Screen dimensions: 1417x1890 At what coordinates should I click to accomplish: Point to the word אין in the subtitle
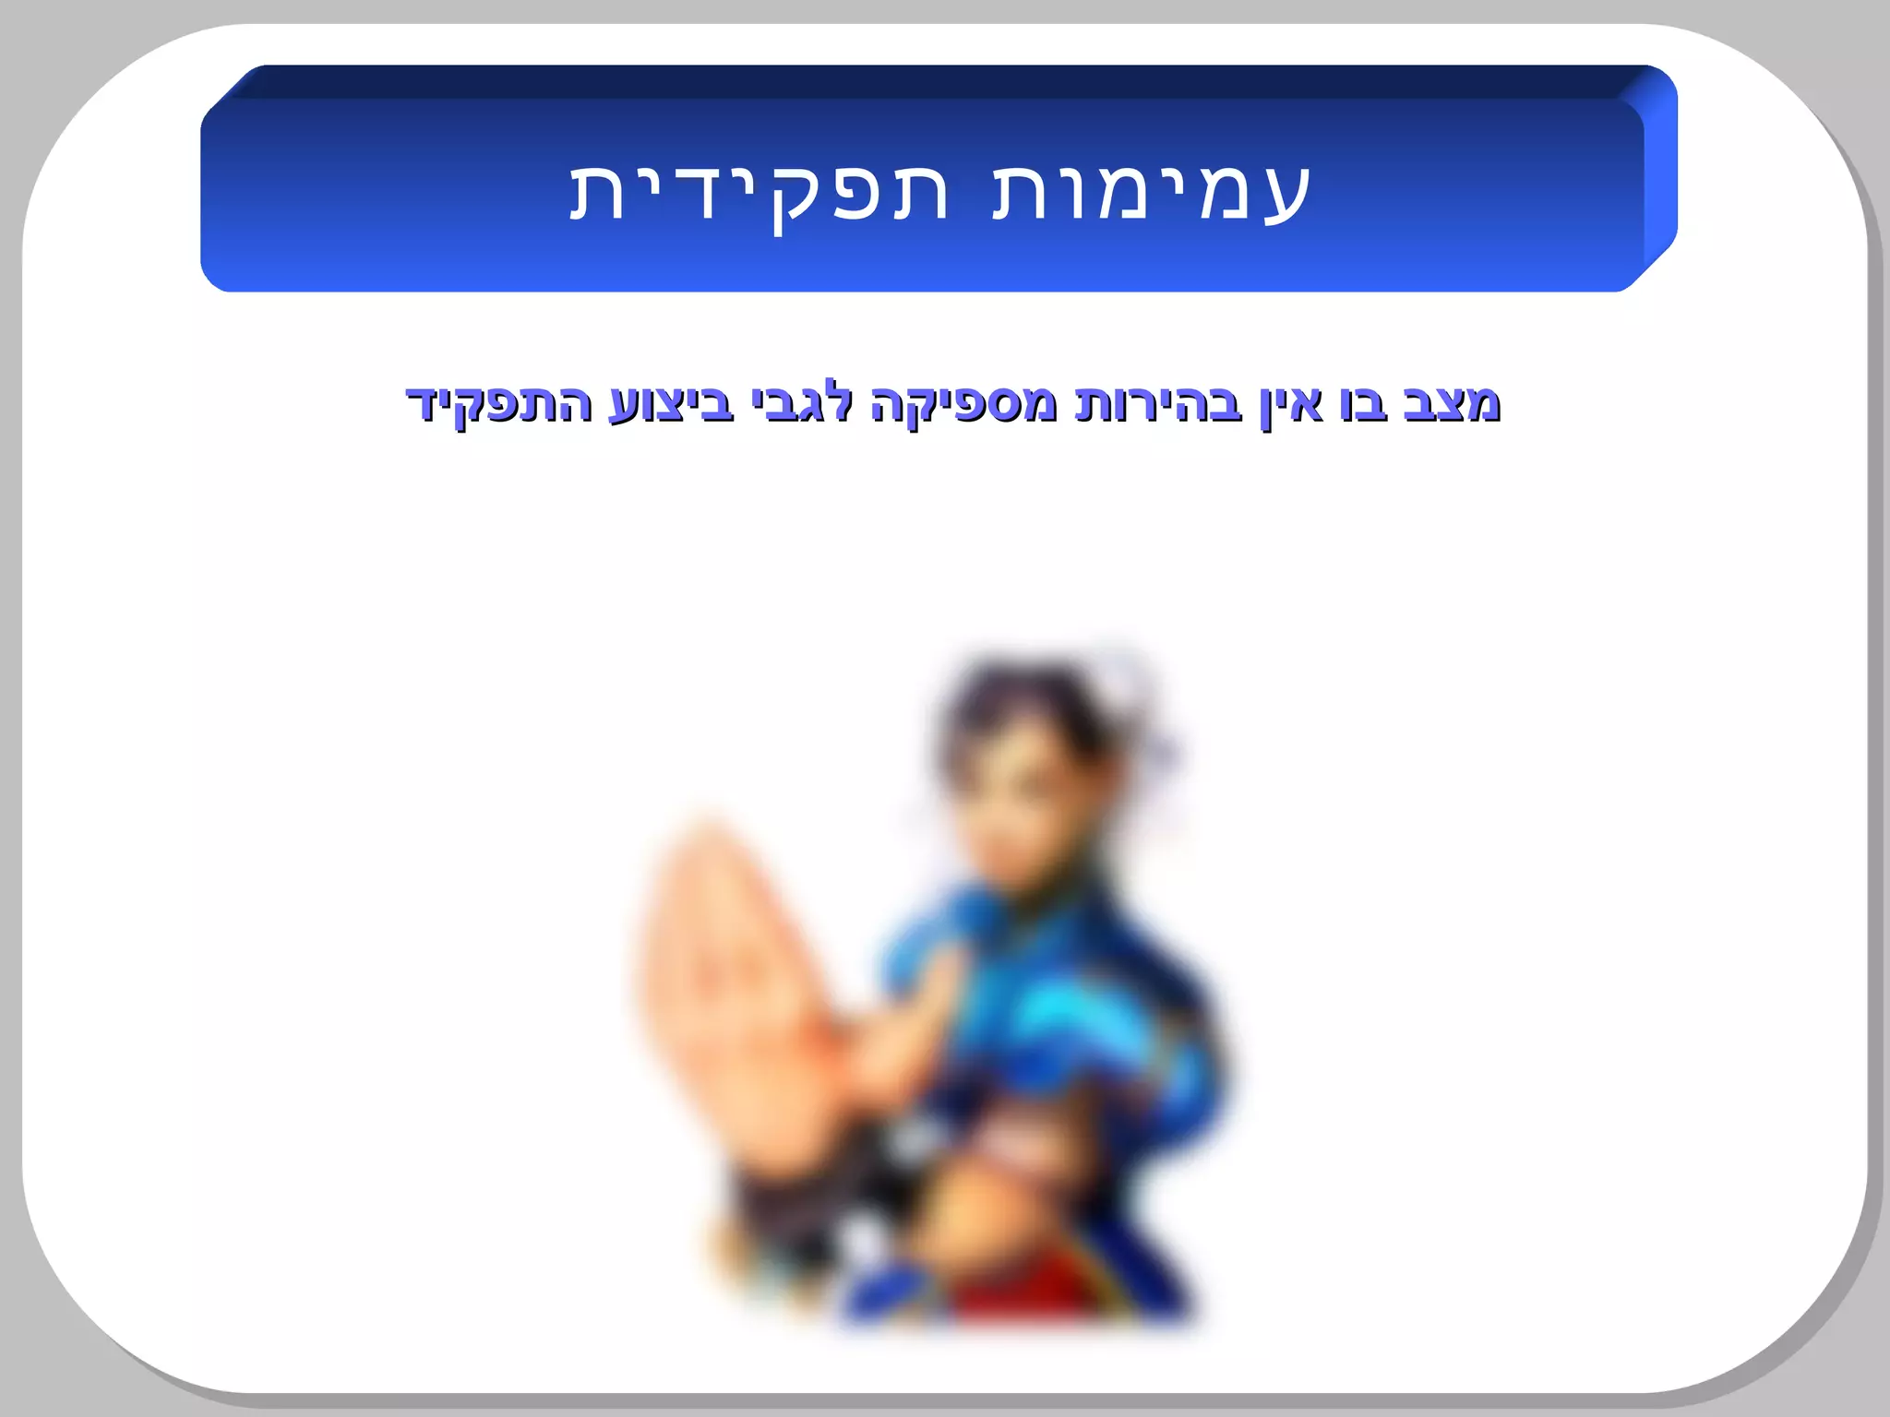1291,404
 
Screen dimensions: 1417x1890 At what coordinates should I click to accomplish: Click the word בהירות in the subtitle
1158,404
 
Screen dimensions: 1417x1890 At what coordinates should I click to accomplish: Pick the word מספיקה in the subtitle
963,404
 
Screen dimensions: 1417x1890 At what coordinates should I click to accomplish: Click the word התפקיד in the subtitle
499,404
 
